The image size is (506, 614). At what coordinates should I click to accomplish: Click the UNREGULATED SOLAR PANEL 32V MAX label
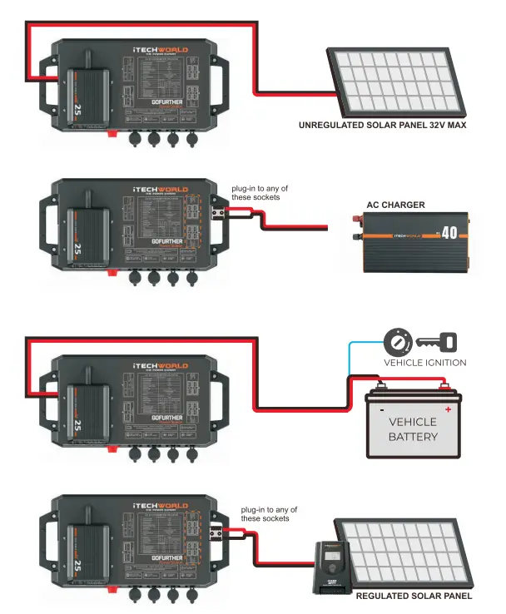tap(382, 126)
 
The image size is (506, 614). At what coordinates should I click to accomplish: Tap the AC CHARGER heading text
tap(395, 205)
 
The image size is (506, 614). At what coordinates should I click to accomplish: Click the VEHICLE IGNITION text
tap(424, 363)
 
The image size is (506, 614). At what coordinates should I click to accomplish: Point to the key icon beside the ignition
tap(435, 341)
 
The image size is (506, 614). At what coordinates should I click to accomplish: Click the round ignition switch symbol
tap(397, 341)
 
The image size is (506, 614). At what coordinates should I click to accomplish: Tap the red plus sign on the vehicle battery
tap(449, 409)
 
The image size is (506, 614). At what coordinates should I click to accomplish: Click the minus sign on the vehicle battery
tap(381, 409)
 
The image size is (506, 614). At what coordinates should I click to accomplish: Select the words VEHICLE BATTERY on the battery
tap(413, 429)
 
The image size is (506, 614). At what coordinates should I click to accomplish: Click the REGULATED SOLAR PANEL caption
tap(414, 597)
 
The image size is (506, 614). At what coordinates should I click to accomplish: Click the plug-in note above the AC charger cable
tap(255, 193)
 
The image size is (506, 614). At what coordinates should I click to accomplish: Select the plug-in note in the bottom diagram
tap(268, 513)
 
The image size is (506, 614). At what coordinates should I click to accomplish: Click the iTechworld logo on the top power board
tap(161, 51)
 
